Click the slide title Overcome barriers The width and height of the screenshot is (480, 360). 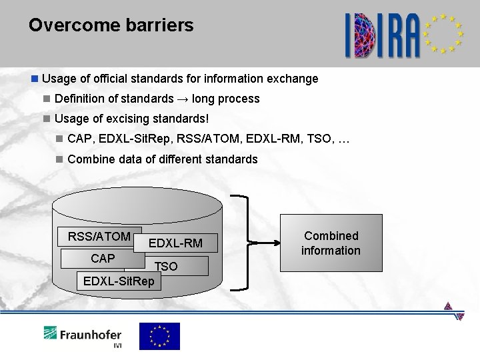click(111, 26)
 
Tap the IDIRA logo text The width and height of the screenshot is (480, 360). click(383, 35)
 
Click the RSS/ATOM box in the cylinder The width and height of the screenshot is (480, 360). click(99, 237)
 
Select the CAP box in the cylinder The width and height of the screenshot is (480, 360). click(103, 258)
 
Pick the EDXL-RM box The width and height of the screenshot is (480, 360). click(175, 244)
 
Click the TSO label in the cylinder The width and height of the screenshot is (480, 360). click(166, 266)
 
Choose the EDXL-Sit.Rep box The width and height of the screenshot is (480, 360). click(118, 281)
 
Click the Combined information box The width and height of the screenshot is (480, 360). click(331, 243)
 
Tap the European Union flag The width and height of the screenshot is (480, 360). click(159, 335)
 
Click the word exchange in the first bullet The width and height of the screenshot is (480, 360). click(293, 79)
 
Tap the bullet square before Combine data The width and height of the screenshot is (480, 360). click(60, 159)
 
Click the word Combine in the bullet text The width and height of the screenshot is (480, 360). click(89, 159)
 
